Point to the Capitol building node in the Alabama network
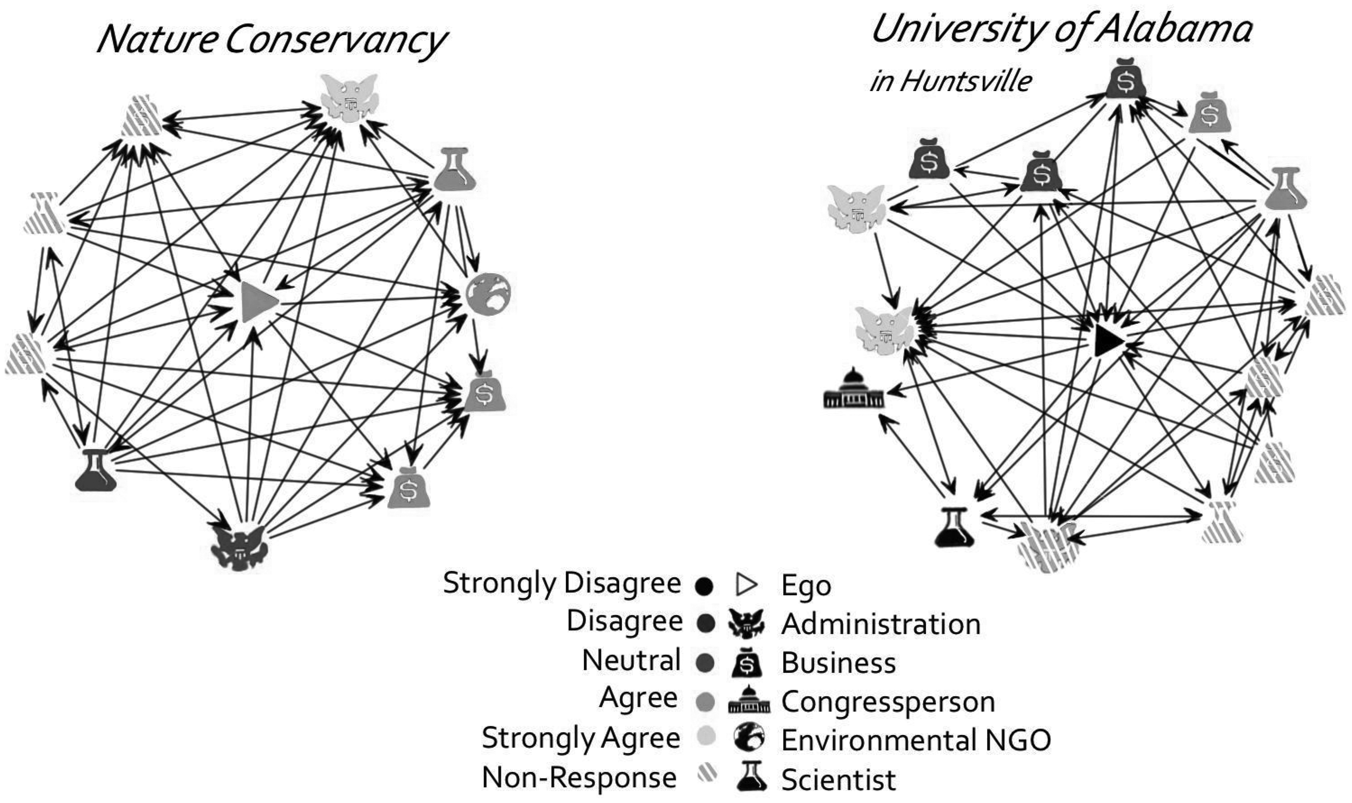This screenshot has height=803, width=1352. click(853, 389)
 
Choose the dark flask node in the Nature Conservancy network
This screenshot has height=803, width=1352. click(95, 470)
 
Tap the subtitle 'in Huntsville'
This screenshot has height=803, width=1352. click(951, 81)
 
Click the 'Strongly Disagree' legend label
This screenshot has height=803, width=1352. click(562, 583)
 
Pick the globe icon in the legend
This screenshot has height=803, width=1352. click(749, 738)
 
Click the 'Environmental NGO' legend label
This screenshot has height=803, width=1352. click(916, 740)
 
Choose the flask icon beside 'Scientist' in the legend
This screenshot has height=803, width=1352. click(751, 777)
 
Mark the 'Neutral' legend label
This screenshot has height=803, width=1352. click(631, 660)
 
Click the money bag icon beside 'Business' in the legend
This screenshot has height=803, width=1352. click(747, 662)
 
